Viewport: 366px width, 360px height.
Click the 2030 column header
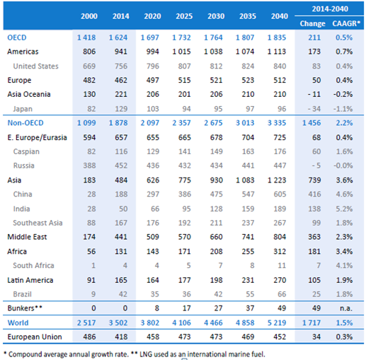click(x=216, y=16)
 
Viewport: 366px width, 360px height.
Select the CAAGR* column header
click(x=346, y=23)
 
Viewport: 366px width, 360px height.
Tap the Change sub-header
click(x=312, y=23)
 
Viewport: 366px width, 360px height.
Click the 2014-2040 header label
click(x=330, y=9)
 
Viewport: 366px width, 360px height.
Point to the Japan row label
click(x=23, y=109)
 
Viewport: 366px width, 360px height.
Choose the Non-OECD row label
click(x=25, y=123)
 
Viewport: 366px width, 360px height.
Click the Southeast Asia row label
click(x=38, y=223)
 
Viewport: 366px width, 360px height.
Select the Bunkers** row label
click(x=25, y=308)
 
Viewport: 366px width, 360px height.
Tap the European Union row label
click(x=35, y=337)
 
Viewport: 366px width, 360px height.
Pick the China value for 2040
click(x=280, y=194)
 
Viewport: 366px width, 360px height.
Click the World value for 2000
click(x=86, y=323)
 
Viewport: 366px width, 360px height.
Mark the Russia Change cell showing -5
click(x=316, y=166)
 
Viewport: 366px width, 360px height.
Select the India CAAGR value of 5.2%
click(x=344, y=209)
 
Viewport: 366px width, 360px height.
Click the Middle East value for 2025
click(x=185, y=237)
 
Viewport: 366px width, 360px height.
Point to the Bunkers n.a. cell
click(x=346, y=308)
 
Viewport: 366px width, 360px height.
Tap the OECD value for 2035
click(x=245, y=37)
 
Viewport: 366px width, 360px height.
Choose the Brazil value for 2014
click(x=123, y=294)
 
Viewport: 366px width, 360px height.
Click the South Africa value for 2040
click(x=282, y=265)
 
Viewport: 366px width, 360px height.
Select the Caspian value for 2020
click(x=153, y=151)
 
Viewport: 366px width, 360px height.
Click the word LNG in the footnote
click(x=145, y=354)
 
